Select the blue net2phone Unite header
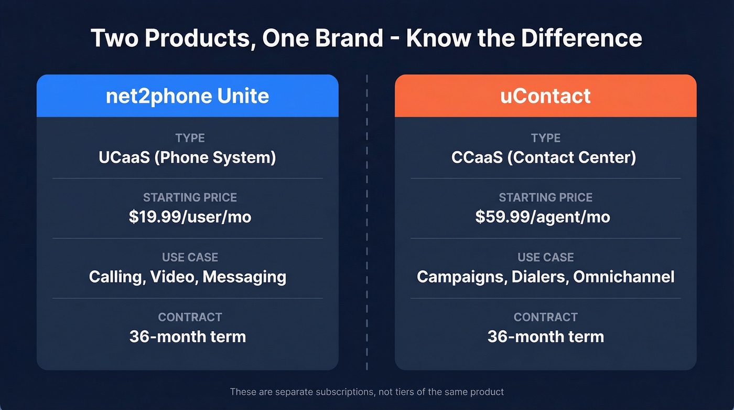tap(187, 96)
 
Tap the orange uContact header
tap(545, 96)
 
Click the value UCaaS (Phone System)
tap(187, 157)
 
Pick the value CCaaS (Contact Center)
tap(545, 157)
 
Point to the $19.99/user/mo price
tap(190, 217)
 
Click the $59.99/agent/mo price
tap(543, 217)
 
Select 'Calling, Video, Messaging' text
tap(188, 277)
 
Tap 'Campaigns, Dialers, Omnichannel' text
tap(545, 277)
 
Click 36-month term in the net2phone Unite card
tap(188, 337)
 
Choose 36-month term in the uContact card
tap(545, 337)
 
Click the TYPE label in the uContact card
tap(545, 138)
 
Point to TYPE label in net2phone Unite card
tap(190, 138)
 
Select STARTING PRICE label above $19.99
tap(190, 197)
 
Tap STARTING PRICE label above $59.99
tap(545, 197)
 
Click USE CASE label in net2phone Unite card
tap(190, 257)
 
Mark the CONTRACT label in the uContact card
tap(545, 317)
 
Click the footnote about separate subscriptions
tap(366, 392)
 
